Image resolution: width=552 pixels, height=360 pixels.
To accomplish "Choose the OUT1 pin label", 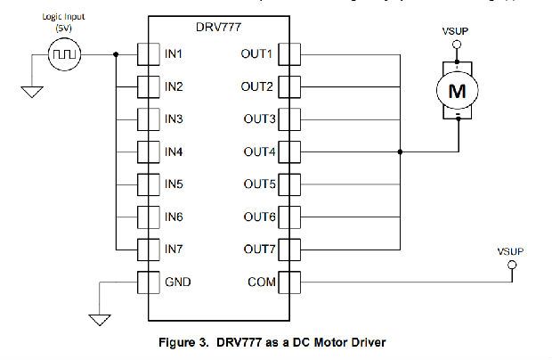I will [258, 54].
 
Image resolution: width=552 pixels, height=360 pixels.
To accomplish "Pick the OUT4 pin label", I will [258, 152].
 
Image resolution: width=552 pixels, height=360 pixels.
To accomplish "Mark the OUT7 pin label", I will [258, 250].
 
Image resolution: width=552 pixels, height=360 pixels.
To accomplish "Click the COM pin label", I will [262, 283].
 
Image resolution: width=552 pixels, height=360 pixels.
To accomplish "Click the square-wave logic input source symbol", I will [64, 54].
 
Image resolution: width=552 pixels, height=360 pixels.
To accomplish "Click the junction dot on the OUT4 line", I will [401, 152].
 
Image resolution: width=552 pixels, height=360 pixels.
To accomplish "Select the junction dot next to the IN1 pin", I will [117, 54].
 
